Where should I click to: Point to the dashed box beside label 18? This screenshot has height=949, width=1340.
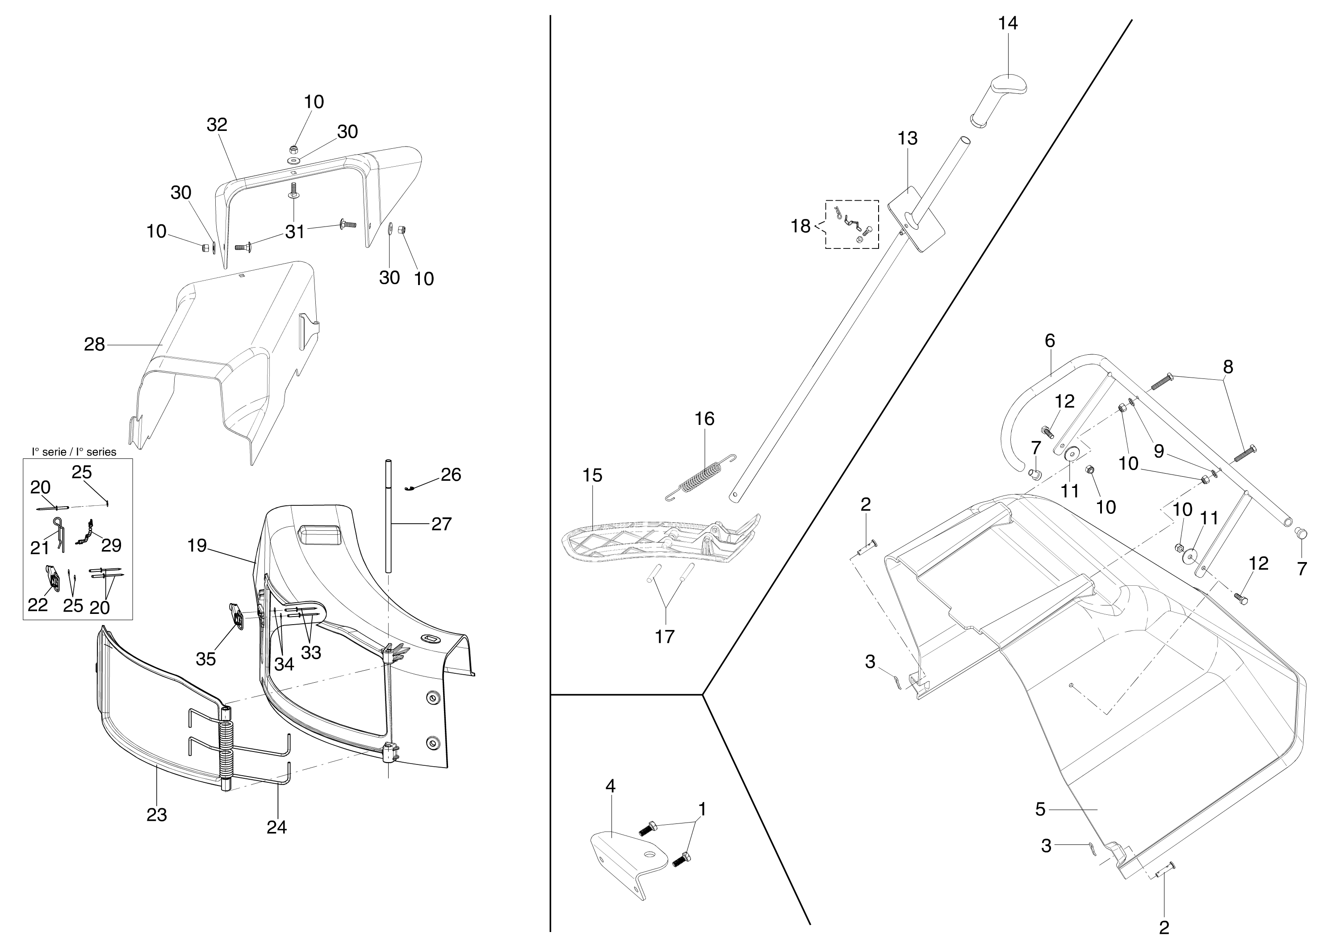[852, 224]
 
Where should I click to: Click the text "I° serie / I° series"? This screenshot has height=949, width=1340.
[74, 452]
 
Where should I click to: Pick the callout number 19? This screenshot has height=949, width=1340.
[197, 545]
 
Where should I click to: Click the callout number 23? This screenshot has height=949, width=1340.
[156, 814]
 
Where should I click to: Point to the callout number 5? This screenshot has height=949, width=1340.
[1040, 809]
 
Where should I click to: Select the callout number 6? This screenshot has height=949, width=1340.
[1050, 340]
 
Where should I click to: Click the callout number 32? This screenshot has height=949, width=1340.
[217, 125]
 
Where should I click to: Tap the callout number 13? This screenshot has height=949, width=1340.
[908, 139]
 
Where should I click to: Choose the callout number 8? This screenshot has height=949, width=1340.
[1228, 366]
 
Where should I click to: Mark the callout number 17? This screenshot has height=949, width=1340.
[664, 636]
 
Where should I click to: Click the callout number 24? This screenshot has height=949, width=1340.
[276, 827]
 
